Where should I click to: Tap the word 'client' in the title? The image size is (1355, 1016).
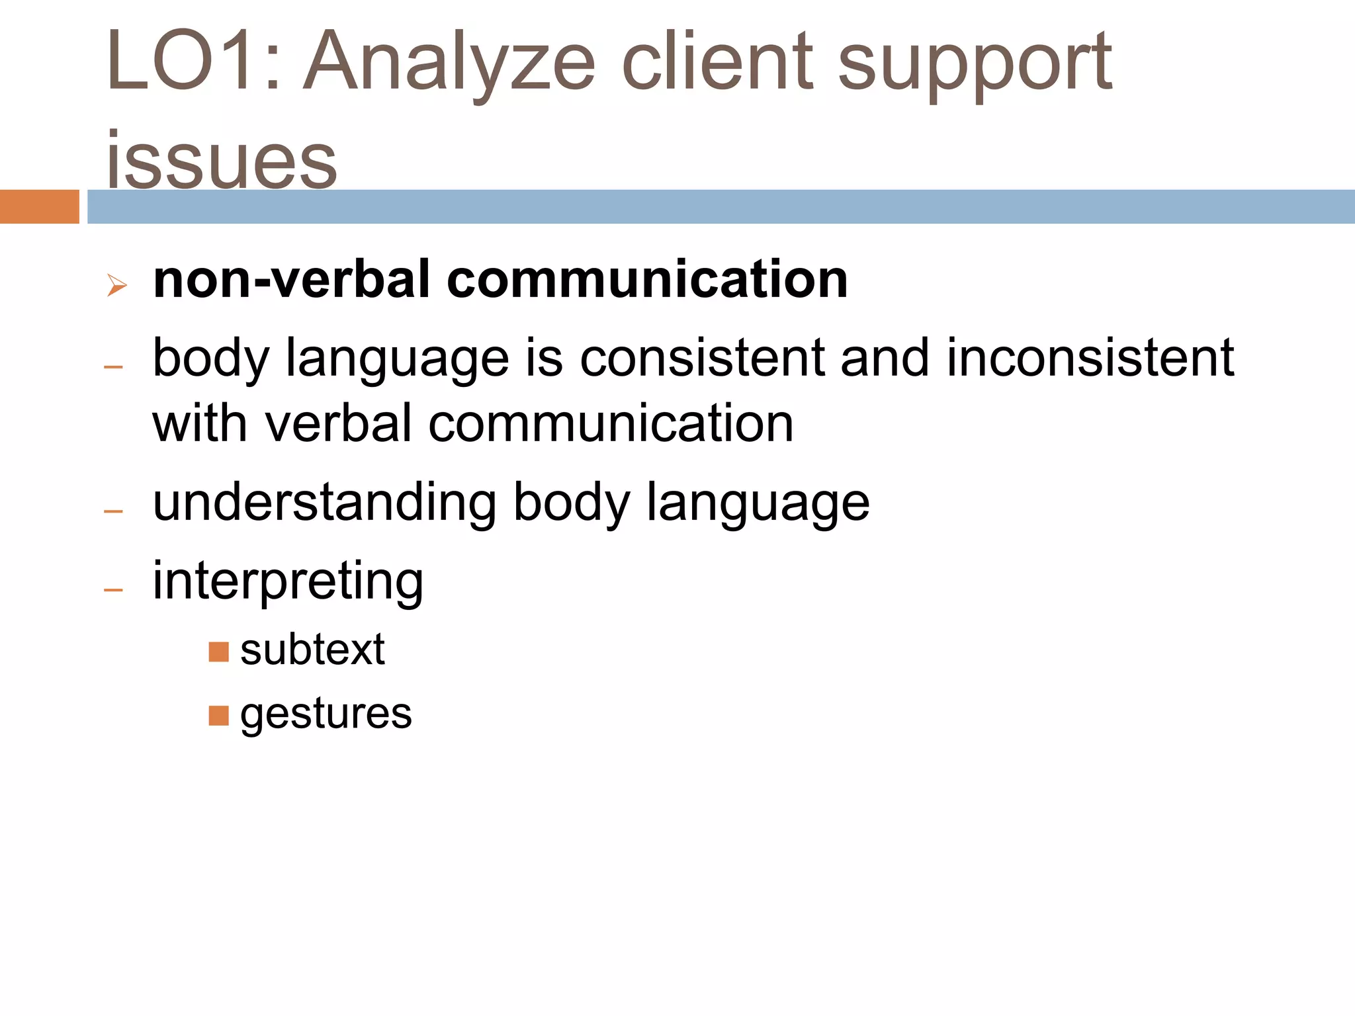point(717,62)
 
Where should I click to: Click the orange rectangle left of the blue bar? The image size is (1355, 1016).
point(39,206)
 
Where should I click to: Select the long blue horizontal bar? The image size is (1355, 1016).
point(721,206)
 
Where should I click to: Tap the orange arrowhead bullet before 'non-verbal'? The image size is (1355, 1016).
point(116,286)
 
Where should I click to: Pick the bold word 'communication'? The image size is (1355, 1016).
point(647,280)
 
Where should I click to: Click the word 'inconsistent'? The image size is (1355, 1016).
point(1090,358)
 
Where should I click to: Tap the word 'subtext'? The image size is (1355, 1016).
point(312,650)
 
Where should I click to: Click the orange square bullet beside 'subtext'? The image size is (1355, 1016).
point(218,652)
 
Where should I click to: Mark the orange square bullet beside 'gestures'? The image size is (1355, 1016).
point(218,716)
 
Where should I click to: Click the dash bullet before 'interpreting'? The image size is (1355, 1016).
point(114,589)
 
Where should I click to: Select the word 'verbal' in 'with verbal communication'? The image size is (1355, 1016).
point(339,424)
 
